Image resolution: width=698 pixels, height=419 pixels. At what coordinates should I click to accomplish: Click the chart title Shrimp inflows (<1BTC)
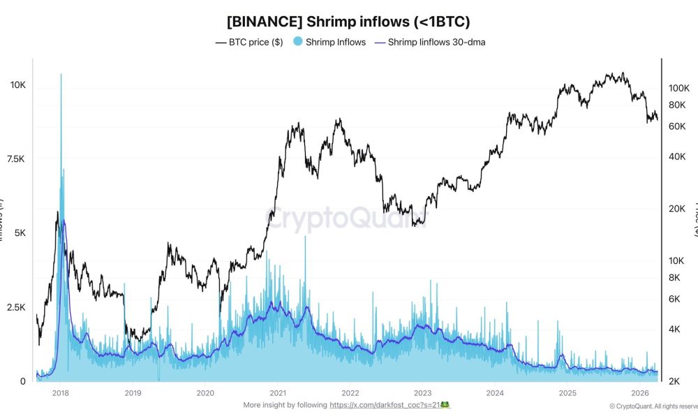[x=349, y=22]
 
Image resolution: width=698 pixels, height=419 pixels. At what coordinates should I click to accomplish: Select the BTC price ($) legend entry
[x=249, y=42]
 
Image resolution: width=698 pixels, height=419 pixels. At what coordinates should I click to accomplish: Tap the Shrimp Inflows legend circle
[x=297, y=42]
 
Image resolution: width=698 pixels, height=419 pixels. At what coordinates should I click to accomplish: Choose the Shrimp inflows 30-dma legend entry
[x=429, y=42]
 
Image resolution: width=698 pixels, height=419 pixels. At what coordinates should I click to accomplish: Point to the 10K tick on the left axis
[x=17, y=85]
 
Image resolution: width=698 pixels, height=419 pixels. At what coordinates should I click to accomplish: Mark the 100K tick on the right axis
[x=679, y=88]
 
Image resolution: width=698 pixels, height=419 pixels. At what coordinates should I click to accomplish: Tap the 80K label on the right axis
[x=678, y=105]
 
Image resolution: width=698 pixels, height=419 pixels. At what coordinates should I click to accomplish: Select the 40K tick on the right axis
[x=678, y=156]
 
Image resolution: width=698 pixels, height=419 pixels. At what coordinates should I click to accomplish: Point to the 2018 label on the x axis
[x=60, y=393]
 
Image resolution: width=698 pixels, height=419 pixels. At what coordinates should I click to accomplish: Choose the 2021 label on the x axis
[x=279, y=393]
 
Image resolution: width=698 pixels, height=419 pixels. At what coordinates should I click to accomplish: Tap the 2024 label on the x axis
[x=495, y=393]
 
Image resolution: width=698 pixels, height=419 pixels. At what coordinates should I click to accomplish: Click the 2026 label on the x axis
[x=640, y=393]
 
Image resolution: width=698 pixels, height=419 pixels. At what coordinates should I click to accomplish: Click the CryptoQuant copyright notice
[x=653, y=406]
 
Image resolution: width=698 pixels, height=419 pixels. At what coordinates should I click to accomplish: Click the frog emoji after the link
[x=445, y=405]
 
